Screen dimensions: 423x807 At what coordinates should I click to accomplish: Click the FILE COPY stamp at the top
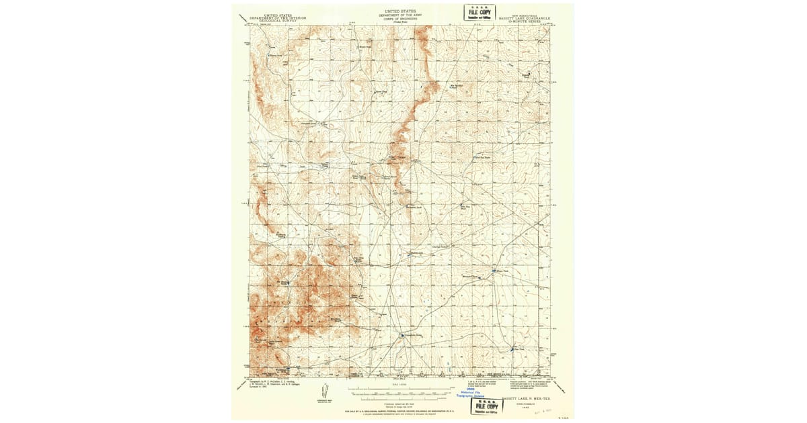pyautogui.click(x=479, y=12)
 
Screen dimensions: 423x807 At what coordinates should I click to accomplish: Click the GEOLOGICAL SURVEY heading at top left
pyautogui.click(x=278, y=22)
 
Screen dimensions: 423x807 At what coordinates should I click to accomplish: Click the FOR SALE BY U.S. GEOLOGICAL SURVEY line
pyautogui.click(x=403, y=410)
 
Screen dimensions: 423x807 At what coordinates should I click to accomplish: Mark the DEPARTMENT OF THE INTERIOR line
pyautogui.click(x=278, y=19)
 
